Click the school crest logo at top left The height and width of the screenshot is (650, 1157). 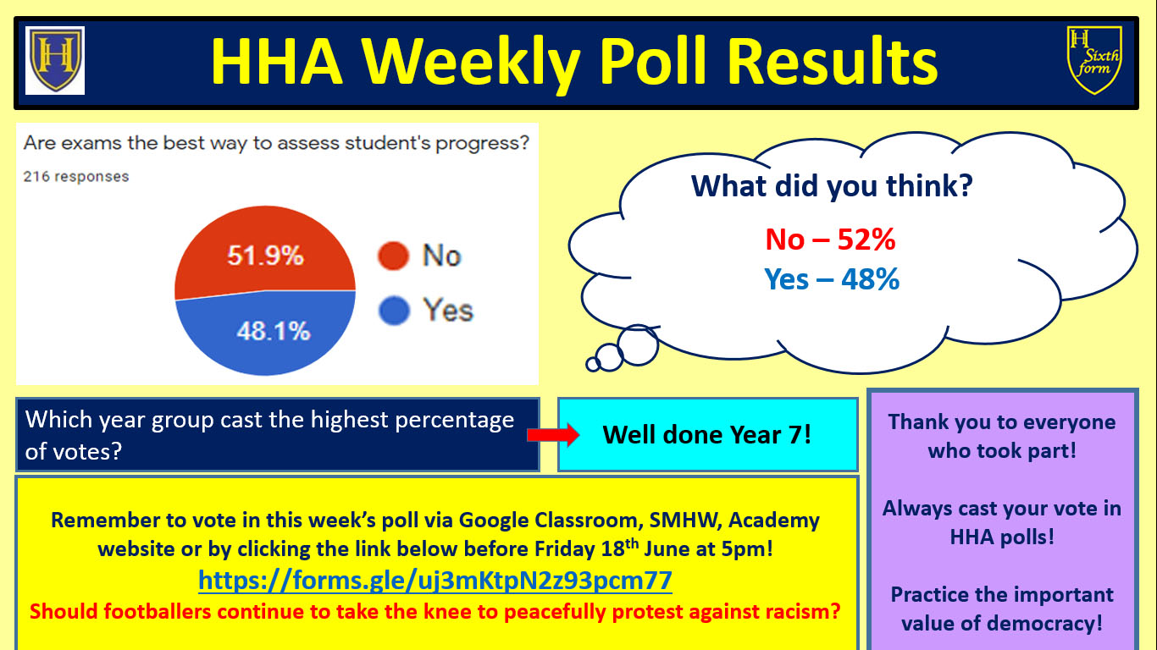(x=55, y=60)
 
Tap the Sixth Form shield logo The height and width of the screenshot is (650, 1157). (x=1094, y=60)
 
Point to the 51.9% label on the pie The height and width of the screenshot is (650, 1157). (x=265, y=256)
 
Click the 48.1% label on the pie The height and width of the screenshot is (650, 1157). (x=274, y=331)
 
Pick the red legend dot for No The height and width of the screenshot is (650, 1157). (x=394, y=256)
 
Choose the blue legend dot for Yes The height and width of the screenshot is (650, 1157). (x=394, y=311)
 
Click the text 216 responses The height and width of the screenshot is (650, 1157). (x=76, y=177)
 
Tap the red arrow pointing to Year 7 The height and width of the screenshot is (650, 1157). (x=554, y=435)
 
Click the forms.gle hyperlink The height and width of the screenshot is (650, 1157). (x=435, y=581)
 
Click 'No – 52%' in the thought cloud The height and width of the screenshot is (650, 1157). (x=830, y=240)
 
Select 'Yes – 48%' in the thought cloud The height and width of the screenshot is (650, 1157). (x=832, y=279)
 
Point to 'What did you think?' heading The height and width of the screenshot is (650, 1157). (x=832, y=186)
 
